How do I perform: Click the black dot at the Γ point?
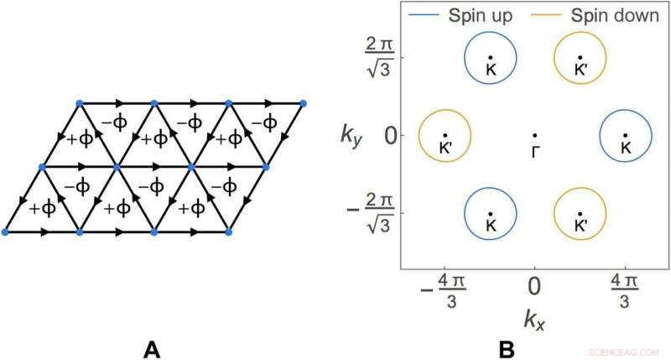534,135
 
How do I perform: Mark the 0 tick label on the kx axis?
534,285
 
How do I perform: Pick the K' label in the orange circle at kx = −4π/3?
446,146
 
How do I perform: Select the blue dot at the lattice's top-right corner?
303,103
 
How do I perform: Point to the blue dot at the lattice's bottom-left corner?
5,231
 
